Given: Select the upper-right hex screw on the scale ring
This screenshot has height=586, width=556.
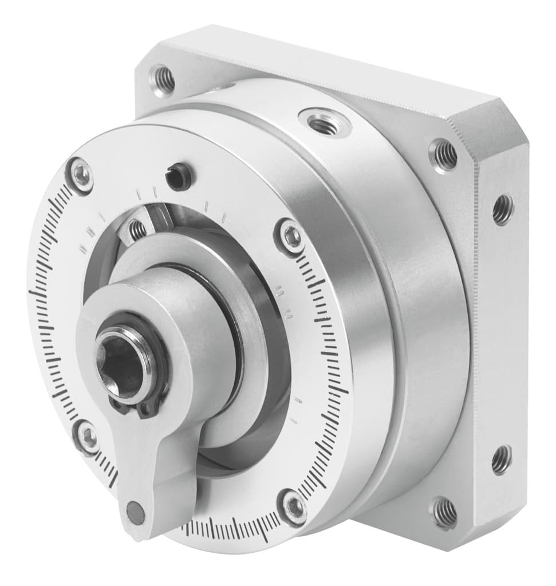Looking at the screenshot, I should coord(291,235).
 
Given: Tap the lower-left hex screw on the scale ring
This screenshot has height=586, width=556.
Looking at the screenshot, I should coord(88,437).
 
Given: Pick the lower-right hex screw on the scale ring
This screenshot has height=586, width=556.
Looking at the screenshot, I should coord(294,506).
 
